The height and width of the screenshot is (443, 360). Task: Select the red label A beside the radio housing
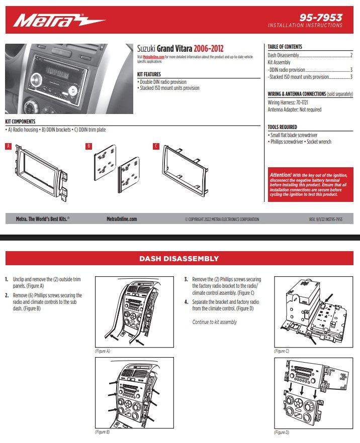[x=8, y=146]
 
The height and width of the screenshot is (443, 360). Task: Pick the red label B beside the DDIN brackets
[x=88, y=146]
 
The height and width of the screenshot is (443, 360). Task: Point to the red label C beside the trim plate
[x=156, y=146]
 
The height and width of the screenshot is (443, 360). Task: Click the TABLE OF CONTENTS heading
[x=285, y=47]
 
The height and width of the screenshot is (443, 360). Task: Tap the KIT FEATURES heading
[x=149, y=74]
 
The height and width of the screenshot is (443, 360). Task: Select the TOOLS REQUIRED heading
[x=283, y=127]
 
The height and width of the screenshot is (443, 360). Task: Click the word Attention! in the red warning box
[x=281, y=175]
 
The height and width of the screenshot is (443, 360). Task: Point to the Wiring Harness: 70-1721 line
[x=288, y=102]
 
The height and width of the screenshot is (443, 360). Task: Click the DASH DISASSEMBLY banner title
[x=179, y=259]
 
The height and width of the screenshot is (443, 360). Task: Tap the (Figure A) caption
[x=102, y=351]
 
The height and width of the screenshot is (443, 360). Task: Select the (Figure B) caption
[x=102, y=432]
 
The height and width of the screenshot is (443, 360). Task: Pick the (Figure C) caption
[x=282, y=351]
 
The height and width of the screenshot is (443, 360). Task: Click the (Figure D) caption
[x=282, y=432]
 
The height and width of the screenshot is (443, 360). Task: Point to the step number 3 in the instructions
[x=186, y=279]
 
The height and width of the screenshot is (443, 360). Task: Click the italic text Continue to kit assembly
[x=214, y=322]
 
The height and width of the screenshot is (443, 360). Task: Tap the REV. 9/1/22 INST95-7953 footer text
[x=326, y=219]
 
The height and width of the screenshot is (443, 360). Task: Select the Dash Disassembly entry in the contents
[x=284, y=55]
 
